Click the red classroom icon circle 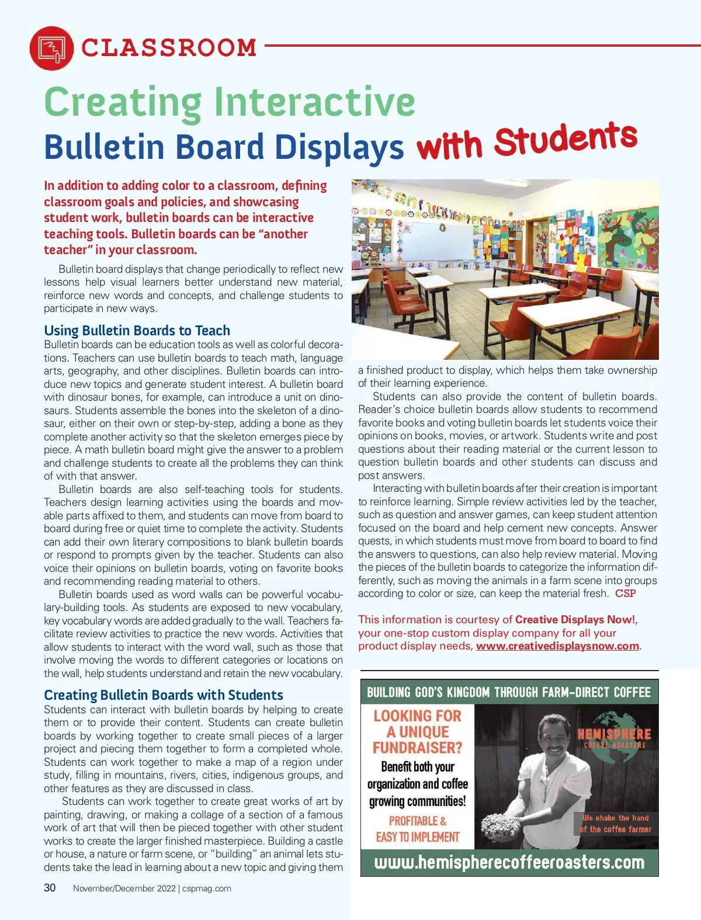coord(51,48)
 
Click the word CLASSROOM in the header coord(169,48)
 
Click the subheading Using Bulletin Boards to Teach coord(137,330)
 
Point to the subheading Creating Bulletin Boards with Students coord(163,695)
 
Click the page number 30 coord(50,888)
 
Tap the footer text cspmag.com coord(207,888)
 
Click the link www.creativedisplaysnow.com coord(557,645)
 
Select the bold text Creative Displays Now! coord(576,619)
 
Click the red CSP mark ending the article coord(625,593)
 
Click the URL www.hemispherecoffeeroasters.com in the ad coord(509,862)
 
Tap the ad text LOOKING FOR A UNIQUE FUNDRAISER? coord(417,731)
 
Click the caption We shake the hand coord(615,818)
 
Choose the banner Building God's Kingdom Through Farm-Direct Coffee coord(509,692)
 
